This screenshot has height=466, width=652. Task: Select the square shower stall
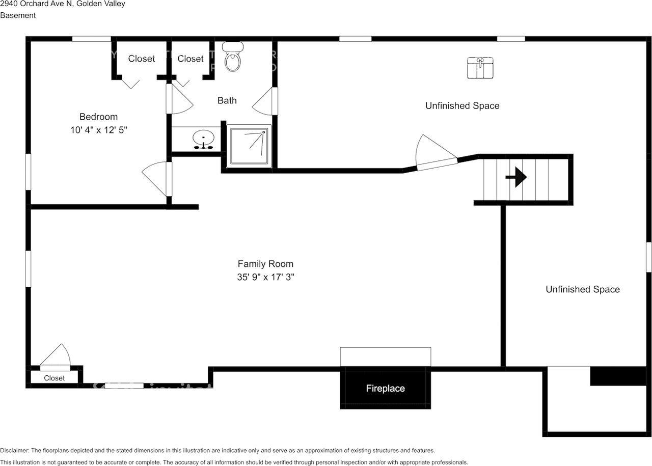coord(249,146)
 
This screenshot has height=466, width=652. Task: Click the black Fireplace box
coord(385,388)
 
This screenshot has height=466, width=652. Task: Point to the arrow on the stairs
coord(516,177)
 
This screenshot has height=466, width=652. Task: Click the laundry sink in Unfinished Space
coord(480,68)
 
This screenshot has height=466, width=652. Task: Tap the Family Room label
coord(265,264)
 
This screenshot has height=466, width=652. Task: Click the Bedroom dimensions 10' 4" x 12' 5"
coord(98,130)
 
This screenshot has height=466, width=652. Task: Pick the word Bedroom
coord(98,117)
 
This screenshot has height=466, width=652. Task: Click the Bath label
coord(227,100)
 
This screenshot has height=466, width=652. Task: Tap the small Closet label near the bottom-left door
coord(54,378)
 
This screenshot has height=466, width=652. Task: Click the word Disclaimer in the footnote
coord(15,451)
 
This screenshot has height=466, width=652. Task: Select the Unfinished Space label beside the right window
coord(583,289)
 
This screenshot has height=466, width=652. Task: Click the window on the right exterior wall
coord(648,257)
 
